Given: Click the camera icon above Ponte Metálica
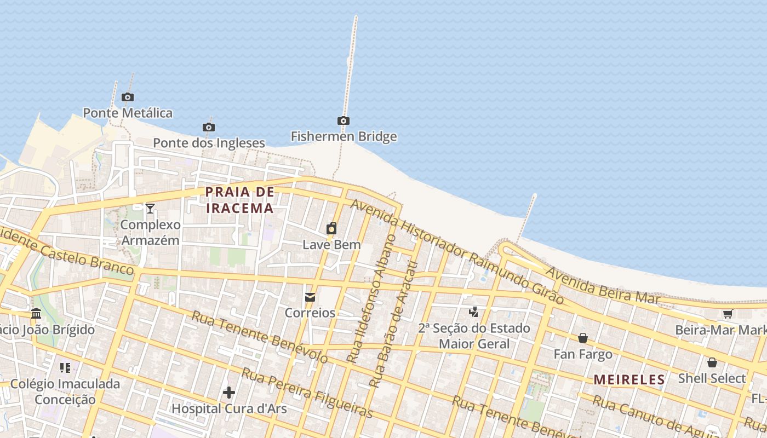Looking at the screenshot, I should coord(128,97).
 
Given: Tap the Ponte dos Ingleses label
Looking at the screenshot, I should coord(209,143).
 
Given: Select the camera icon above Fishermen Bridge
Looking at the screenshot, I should coord(344,120).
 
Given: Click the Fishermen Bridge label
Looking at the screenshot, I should coord(344,136).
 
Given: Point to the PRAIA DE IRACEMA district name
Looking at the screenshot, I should coord(239,200).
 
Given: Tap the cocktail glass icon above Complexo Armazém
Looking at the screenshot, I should coord(150,208).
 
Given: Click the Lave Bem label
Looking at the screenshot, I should coord(331,244).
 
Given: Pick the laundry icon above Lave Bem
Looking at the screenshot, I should coord(331,228).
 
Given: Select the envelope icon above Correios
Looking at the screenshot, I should coord(310,297).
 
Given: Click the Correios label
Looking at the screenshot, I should coord(310,313).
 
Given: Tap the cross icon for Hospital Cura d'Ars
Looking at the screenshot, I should coord(229,393).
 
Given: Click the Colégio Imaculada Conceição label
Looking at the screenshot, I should coord(65,391).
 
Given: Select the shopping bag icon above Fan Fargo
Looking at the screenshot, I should coord(583,338).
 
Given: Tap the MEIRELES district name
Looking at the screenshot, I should coord(629,379).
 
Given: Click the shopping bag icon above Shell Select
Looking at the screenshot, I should coord(712,362).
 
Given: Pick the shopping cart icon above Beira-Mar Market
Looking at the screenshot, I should coord(728,314).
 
